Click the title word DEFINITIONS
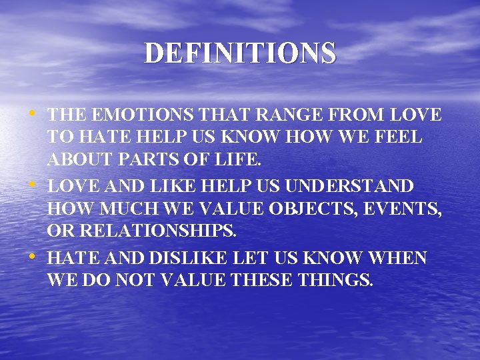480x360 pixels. tap(240, 53)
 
